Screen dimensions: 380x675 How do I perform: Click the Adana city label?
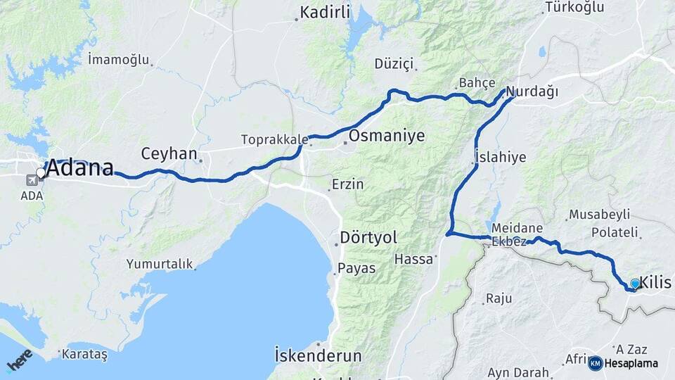79,170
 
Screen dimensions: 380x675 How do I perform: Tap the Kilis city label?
656,283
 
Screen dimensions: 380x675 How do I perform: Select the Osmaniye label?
387,136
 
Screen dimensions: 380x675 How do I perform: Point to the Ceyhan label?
168,153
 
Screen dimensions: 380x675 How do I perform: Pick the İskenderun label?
318,354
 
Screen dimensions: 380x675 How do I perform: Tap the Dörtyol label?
368,236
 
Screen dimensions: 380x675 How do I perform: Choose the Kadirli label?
326,12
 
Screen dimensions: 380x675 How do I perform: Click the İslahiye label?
500,157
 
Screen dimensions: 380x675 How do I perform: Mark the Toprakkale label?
271,139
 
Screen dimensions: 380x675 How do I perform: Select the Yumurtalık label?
160,264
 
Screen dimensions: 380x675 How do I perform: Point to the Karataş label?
84,355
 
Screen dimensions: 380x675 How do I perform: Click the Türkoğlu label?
574,8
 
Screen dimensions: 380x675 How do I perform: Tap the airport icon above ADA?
32,179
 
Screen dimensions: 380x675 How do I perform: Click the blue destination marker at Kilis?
635,284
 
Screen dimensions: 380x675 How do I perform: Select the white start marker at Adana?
41,172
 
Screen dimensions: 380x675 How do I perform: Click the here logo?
20,361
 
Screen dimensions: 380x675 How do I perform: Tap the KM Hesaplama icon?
596,363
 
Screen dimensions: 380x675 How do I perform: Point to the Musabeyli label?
600,215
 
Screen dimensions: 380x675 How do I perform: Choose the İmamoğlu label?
119,60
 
